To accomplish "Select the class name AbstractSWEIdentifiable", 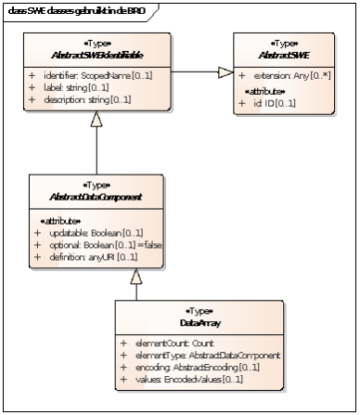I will coord(96,53).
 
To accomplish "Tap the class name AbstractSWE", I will coord(284,53).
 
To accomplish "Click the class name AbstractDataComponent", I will coord(84,194).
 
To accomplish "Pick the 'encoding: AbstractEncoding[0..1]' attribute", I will coord(190,366).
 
